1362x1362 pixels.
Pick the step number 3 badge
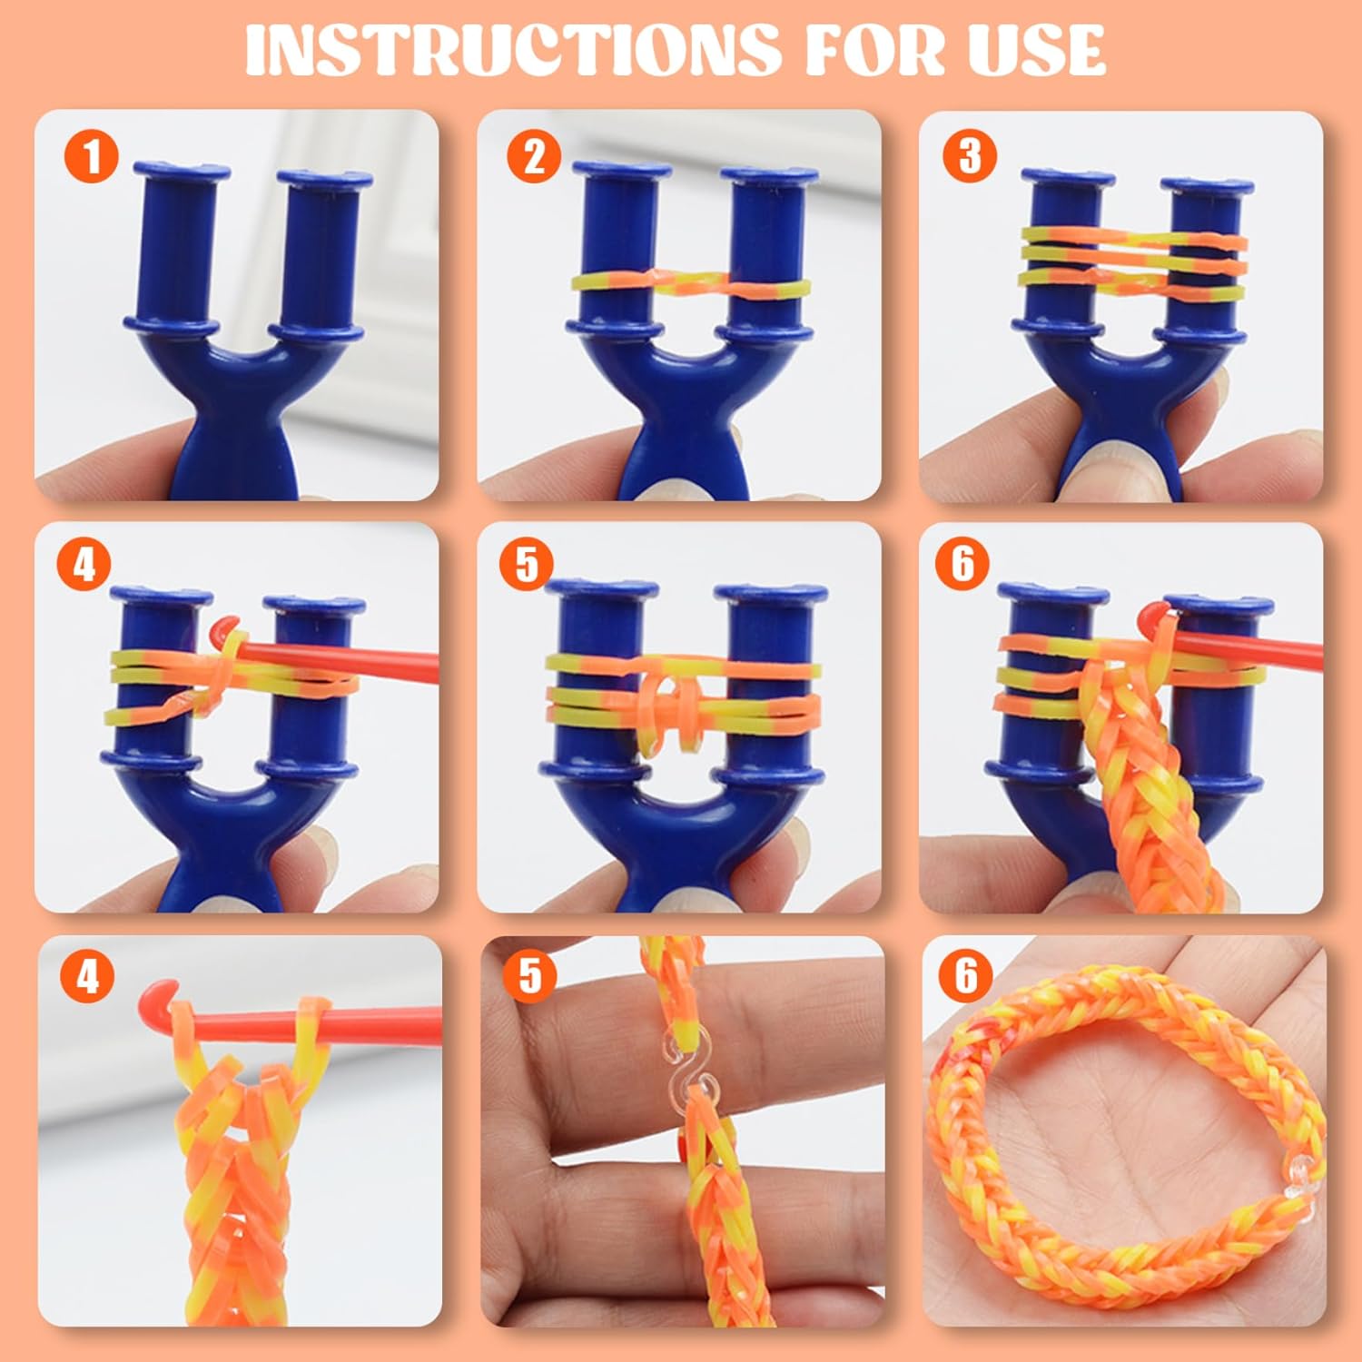click(x=971, y=155)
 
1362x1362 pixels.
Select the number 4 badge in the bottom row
click(x=87, y=977)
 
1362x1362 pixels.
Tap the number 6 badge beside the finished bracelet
click(x=967, y=975)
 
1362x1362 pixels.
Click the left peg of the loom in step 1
click(x=179, y=249)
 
